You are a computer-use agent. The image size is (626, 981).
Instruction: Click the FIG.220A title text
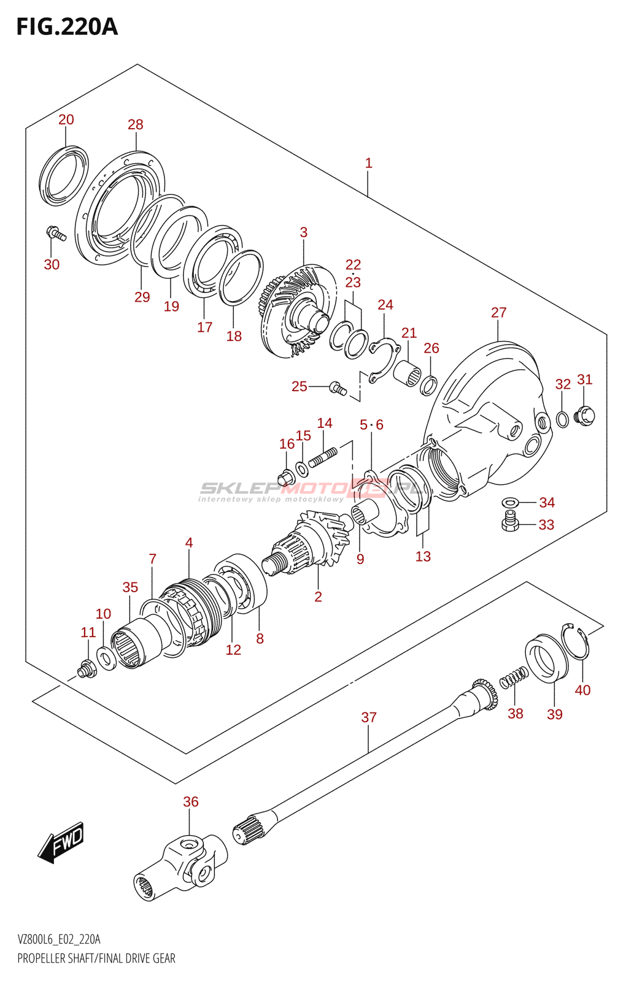coord(66,27)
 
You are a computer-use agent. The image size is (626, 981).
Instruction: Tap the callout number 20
coord(66,120)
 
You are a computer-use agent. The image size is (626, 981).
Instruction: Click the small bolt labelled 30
coord(55,233)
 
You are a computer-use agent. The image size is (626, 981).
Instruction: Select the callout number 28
coord(135,124)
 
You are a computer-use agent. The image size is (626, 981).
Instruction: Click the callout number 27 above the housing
coord(498,313)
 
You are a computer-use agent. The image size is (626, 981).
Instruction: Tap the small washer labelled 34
coord(509,502)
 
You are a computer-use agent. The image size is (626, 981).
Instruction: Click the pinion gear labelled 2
coord(307,543)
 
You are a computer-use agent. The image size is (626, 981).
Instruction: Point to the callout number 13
coord(423,557)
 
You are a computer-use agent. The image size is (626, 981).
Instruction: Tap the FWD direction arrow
coord(61,842)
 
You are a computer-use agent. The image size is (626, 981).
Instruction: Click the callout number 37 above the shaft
coord(369,717)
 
